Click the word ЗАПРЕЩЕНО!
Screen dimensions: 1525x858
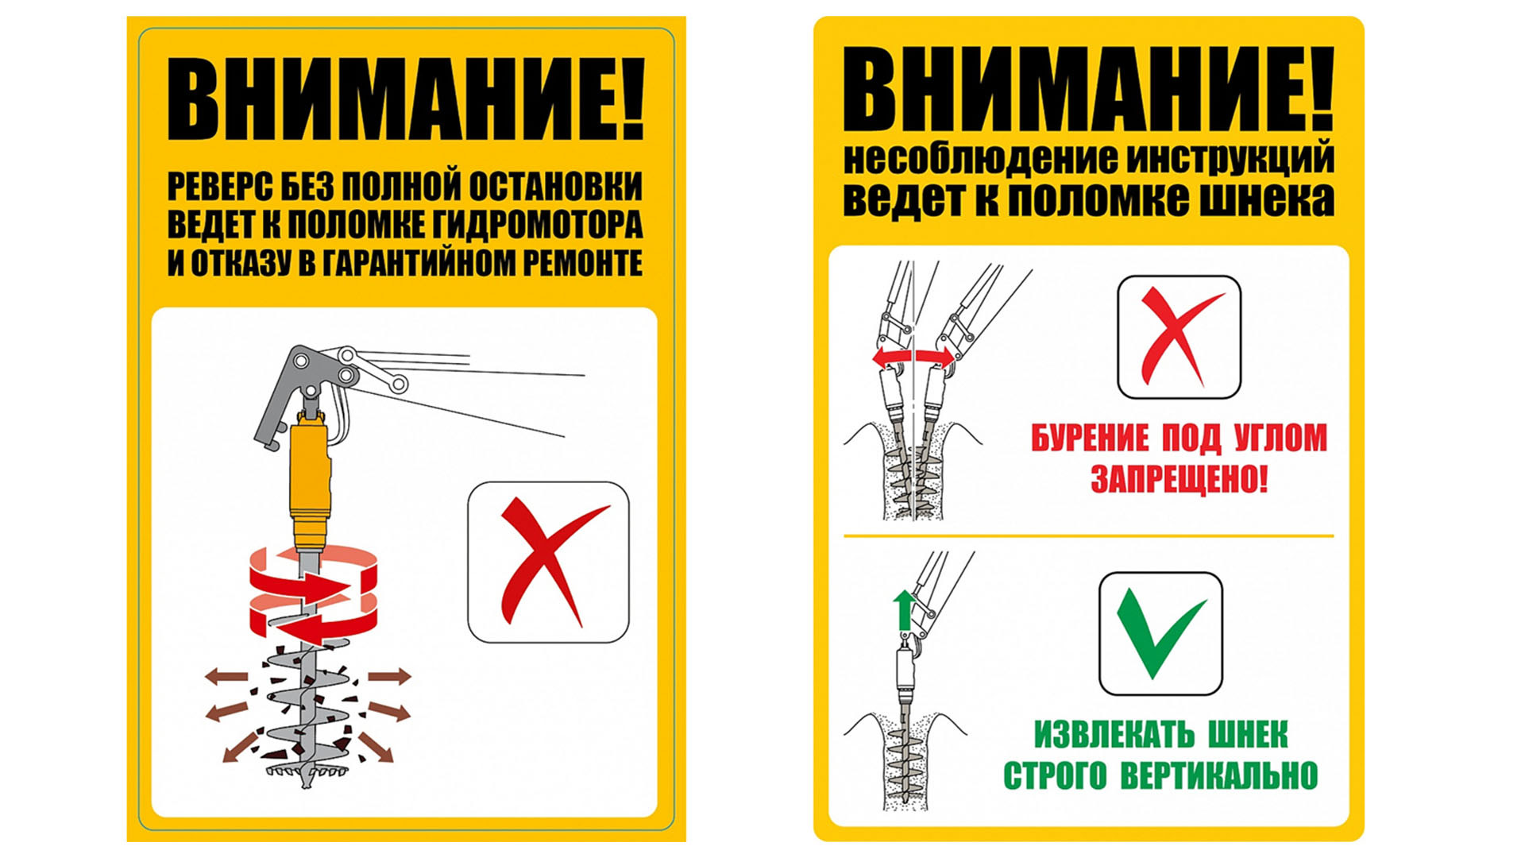1179,479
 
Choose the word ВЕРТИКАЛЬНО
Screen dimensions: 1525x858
1218,775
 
